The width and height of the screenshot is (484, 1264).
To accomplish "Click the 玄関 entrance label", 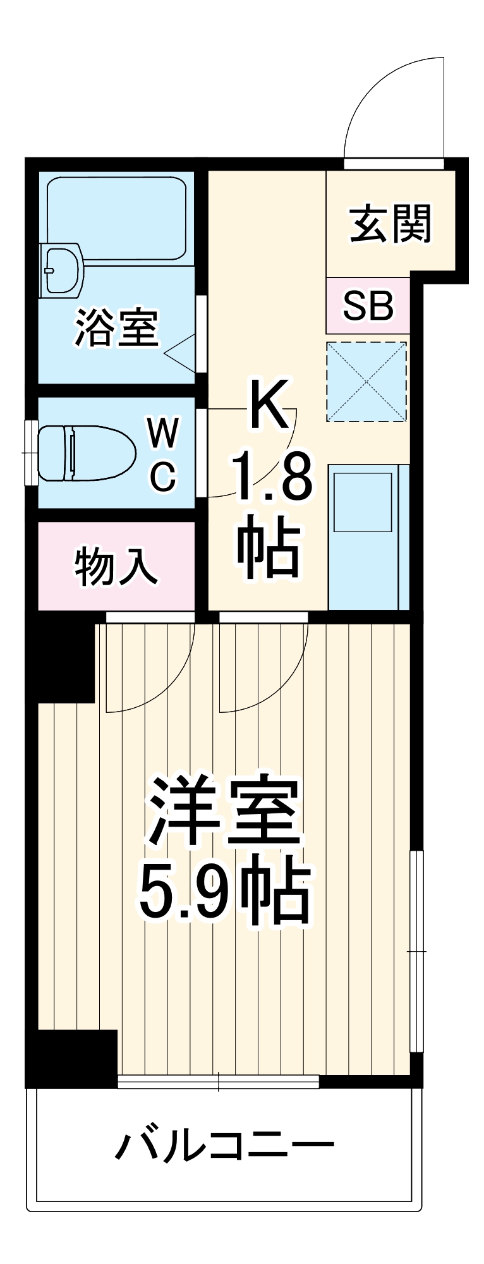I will coord(391,224).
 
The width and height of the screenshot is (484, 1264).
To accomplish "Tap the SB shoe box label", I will coord(368,306).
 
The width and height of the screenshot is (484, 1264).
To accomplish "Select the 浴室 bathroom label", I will coord(117,327).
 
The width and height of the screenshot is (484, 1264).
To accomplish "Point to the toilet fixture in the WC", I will coord(86,453).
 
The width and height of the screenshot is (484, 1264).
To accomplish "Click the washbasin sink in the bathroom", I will coord(61,270).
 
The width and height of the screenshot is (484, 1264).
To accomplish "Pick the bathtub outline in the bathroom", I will coord(117,218).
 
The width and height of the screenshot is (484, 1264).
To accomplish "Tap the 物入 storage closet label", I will coord(116,566).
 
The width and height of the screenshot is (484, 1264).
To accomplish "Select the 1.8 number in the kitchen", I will coord(272,477).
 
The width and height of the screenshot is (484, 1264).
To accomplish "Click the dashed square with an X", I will coord(366,382).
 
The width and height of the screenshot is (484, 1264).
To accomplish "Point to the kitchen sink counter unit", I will coord(368,537).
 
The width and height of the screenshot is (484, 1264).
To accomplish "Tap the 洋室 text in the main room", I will coord(224,812).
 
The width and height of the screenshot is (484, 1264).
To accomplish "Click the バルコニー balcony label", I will coord(224,1145).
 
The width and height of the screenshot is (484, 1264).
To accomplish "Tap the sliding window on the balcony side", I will coord(219,1081).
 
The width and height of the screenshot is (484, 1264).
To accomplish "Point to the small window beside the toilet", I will coord(31,453).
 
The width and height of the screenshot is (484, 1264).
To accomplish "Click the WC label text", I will coord(163,454).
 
